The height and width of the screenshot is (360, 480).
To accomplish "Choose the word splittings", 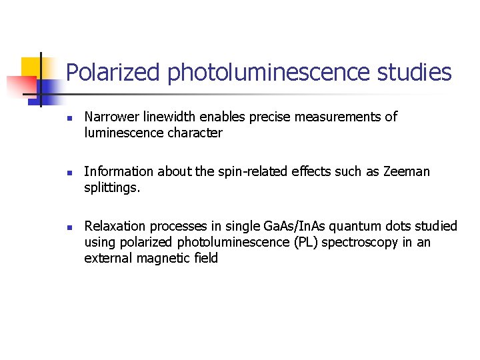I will pyautogui.click(x=112, y=188).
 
